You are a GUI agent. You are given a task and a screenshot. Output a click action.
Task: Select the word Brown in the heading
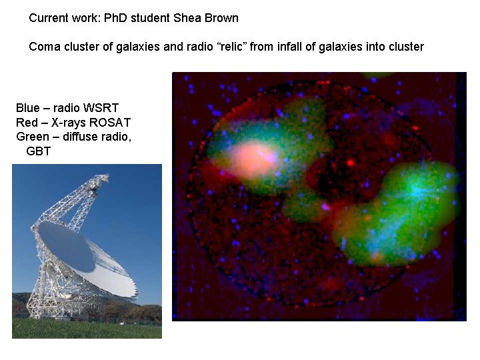coord(221,18)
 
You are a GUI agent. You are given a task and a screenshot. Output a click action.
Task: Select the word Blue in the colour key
coord(27,108)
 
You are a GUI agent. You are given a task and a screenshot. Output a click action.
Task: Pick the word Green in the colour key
coord(32,137)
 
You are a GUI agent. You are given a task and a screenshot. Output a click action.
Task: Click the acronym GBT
coord(39,151)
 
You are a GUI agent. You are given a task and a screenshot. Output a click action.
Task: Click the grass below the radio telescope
coord(87,329)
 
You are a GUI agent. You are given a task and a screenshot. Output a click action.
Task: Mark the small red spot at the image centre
coord(351,162)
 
